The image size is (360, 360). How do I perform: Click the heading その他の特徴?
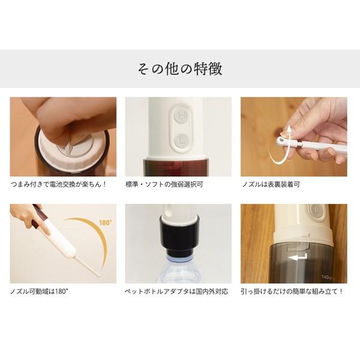pos(180,69)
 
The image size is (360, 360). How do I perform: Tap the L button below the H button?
pos(181,140)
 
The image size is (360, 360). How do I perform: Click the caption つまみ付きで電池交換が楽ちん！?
pos(59,184)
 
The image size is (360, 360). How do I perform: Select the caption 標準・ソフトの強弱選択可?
pos(164,184)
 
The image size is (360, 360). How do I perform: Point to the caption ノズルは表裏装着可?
pos(271,184)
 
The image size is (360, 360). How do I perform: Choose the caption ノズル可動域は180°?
pos(39,292)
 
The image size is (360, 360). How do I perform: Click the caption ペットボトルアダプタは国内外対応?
pos(176,292)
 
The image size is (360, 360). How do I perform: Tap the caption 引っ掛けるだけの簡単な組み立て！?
pos(292,292)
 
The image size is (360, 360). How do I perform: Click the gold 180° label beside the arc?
pos(106,222)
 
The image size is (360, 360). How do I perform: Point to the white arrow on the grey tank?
pos(298,257)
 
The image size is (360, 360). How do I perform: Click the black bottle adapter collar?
pos(178,237)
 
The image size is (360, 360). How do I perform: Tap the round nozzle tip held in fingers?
pos(281,140)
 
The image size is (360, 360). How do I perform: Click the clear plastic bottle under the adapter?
pos(178,271)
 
